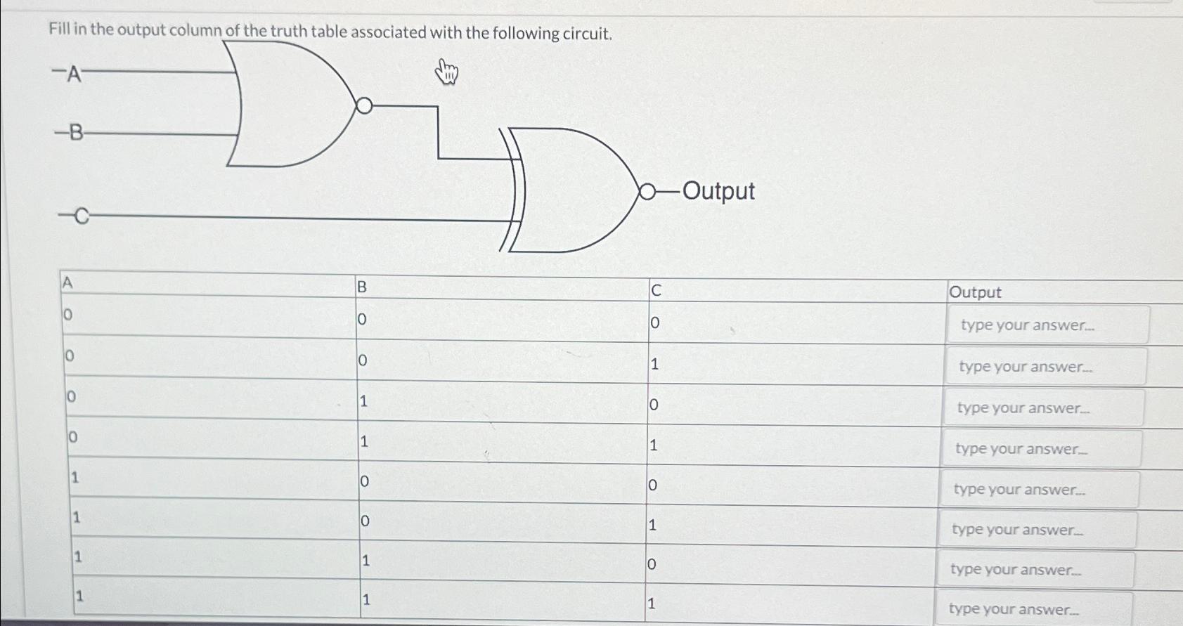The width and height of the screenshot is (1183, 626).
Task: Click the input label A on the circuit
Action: (x=74, y=74)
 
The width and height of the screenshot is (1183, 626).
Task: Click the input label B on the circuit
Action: (x=75, y=132)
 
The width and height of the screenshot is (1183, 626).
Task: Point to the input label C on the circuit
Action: (x=82, y=216)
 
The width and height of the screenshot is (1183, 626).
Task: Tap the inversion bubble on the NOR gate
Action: (x=364, y=106)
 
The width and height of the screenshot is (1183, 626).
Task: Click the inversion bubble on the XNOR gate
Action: (x=647, y=192)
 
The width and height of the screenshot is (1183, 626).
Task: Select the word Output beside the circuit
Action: (x=718, y=191)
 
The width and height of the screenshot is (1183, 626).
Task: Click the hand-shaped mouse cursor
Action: (x=446, y=72)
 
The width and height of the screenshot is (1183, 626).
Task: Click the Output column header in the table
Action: (x=975, y=292)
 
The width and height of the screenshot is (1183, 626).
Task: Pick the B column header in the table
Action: (x=362, y=287)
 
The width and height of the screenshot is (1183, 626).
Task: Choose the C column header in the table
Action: (x=656, y=290)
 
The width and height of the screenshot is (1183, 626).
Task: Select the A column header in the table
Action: (x=67, y=282)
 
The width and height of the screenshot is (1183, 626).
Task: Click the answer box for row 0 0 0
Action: (x=1047, y=325)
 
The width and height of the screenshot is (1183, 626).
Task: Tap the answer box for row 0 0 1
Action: (x=1045, y=367)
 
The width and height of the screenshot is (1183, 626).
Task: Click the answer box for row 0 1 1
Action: (x=1040, y=449)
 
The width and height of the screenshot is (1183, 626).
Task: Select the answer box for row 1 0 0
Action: (x=1038, y=490)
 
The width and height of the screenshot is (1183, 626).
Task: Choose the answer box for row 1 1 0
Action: (x=1035, y=570)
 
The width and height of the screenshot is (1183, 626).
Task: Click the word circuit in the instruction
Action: (x=586, y=34)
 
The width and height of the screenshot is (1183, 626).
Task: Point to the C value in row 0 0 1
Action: (x=654, y=364)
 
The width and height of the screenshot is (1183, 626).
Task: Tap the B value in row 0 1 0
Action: (x=363, y=401)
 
